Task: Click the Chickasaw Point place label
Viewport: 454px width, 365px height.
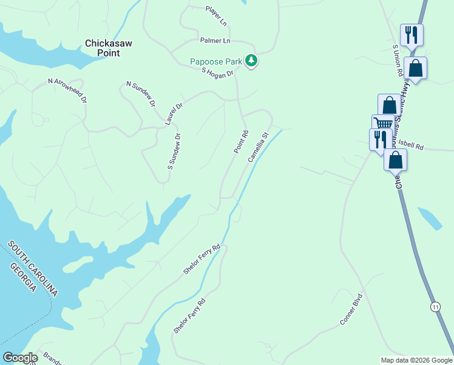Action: [x=110, y=48]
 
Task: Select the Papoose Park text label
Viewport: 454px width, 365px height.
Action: [x=215, y=61]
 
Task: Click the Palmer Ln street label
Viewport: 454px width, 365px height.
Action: [x=215, y=41]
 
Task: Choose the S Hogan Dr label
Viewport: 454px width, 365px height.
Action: [x=218, y=73]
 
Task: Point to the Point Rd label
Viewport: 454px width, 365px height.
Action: [x=241, y=142]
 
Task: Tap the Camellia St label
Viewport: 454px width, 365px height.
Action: [x=258, y=147]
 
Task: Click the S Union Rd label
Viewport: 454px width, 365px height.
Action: [x=398, y=60]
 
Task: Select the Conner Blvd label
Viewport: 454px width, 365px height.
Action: [x=351, y=310]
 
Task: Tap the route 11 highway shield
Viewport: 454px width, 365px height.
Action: [x=435, y=307]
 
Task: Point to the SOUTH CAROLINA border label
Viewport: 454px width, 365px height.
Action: [x=33, y=268]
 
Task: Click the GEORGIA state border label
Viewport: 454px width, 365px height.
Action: [x=22, y=277]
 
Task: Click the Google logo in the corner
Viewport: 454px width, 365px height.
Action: [x=20, y=358]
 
